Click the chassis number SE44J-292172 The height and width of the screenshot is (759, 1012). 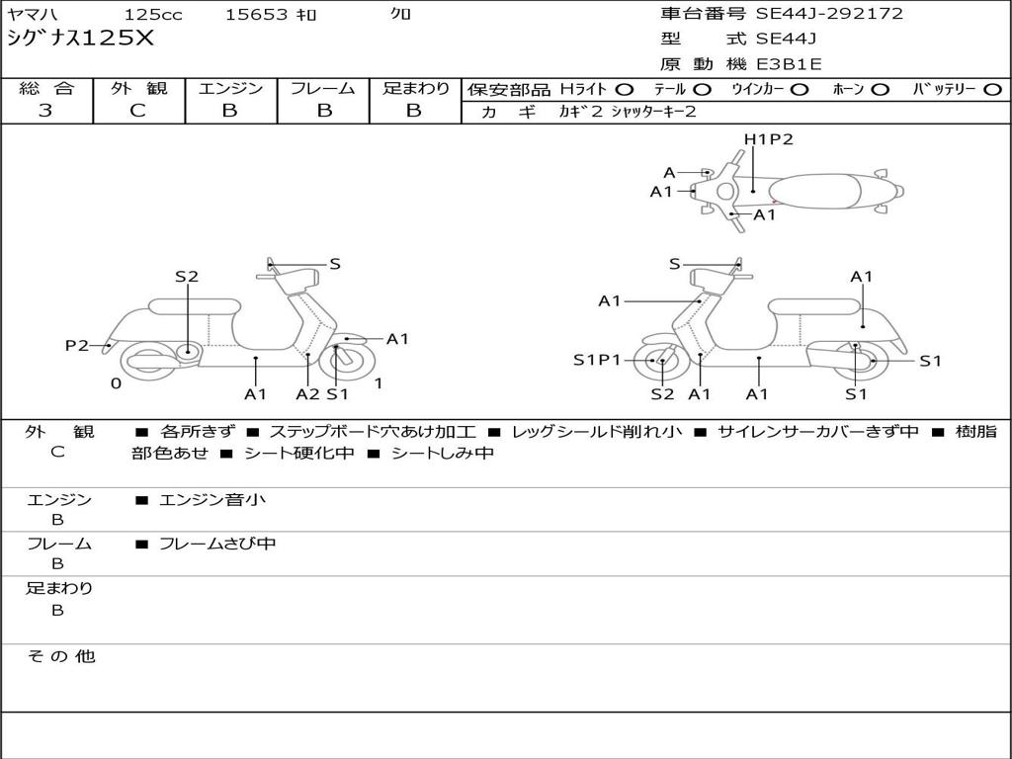click(x=829, y=14)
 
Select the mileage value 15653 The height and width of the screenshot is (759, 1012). click(x=256, y=15)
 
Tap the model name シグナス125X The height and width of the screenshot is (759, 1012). click(x=80, y=39)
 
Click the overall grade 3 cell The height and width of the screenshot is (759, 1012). click(x=45, y=111)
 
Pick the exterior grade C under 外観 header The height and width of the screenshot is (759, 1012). click(x=137, y=111)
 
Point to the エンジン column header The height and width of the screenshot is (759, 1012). click(x=230, y=89)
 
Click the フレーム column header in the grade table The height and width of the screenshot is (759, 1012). click(x=322, y=89)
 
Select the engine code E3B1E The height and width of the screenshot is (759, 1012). click(x=789, y=64)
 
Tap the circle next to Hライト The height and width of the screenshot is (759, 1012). click(x=624, y=90)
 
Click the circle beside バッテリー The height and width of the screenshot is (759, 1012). click(x=992, y=90)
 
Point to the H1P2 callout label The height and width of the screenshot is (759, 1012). click(x=769, y=139)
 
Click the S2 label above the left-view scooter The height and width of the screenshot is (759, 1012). click(x=187, y=277)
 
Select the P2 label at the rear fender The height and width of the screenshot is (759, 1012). click(x=77, y=345)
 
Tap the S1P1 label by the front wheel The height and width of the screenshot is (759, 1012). click(x=597, y=360)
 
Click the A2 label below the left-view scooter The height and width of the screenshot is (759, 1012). click(x=308, y=394)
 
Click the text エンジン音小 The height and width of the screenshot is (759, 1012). click(x=212, y=500)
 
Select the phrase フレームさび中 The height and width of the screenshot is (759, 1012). click(x=217, y=544)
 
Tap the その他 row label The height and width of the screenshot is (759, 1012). click(x=60, y=656)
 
